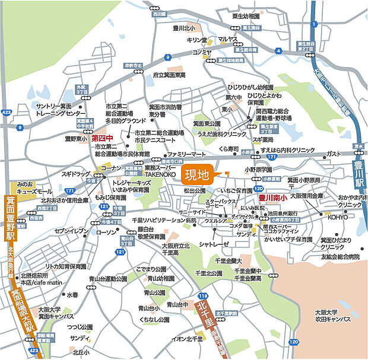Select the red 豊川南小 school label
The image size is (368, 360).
[x=273, y=197]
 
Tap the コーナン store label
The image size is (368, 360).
[x=111, y=168]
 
